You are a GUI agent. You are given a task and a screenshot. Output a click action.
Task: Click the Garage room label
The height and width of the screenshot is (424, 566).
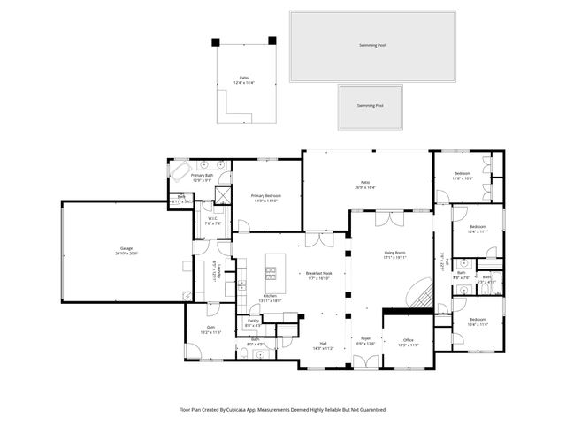click(x=126, y=250)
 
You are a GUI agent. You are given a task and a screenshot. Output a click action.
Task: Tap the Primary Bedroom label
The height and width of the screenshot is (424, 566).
click(x=264, y=196)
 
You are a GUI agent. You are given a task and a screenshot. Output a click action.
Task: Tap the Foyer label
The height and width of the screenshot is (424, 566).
click(x=364, y=339)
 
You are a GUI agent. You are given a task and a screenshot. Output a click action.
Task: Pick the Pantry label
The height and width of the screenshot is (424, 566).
click(x=252, y=322)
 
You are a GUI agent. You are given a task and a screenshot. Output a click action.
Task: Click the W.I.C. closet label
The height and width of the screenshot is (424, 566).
click(x=213, y=221)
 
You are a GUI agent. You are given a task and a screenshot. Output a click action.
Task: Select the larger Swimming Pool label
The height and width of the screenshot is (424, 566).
click(x=371, y=45)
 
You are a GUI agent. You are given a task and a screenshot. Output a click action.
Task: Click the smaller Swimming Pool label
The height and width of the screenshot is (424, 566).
click(x=370, y=106)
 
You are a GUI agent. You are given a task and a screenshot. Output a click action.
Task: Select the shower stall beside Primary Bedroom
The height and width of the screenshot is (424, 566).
click(x=223, y=195)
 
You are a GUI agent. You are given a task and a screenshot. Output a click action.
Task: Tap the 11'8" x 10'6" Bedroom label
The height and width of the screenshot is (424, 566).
click(x=463, y=174)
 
